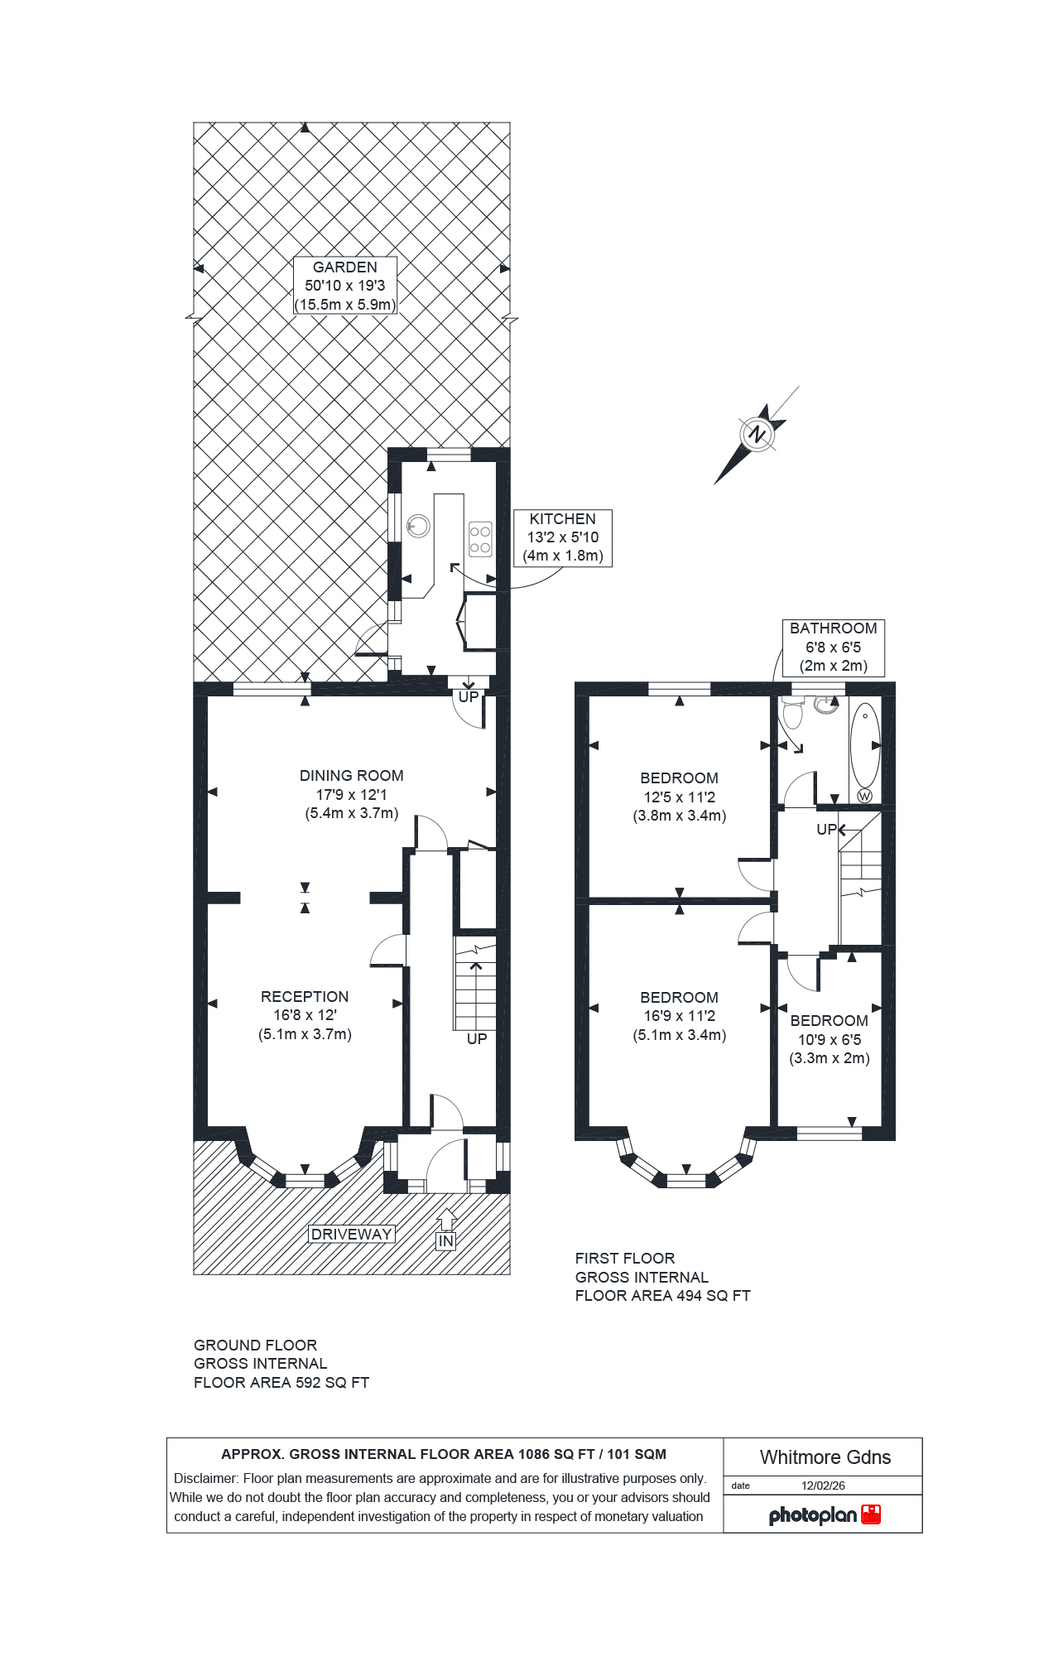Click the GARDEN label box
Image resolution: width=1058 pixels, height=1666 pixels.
[x=345, y=286]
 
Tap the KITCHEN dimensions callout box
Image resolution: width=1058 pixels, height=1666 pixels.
[x=563, y=537]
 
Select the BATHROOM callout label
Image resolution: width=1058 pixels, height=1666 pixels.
[x=833, y=647]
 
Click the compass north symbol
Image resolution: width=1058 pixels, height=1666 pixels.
[x=757, y=434]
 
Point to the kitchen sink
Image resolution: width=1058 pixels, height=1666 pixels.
[x=419, y=526]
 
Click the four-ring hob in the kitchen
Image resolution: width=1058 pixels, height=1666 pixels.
[x=480, y=538]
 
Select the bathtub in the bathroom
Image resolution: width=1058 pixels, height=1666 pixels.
[x=865, y=745]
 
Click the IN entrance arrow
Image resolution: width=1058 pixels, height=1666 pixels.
[x=446, y=1229]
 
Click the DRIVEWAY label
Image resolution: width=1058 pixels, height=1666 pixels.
[x=351, y=1234]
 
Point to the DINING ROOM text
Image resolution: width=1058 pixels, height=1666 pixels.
[x=351, y=776]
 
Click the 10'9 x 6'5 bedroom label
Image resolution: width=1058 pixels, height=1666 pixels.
[x=830, y=1039]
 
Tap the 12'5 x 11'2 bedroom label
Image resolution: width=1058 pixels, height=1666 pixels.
[x=679, y=797]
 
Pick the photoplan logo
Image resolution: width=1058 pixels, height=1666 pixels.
[x=824, y=1514]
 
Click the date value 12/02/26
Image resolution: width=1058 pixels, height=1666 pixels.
[x=823, y=1485]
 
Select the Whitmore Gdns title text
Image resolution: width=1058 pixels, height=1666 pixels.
[x=825, y=1457]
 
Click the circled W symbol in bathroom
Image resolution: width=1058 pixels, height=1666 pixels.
[x=864, y=796]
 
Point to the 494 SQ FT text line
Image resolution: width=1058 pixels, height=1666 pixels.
[x=662, y=1296]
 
